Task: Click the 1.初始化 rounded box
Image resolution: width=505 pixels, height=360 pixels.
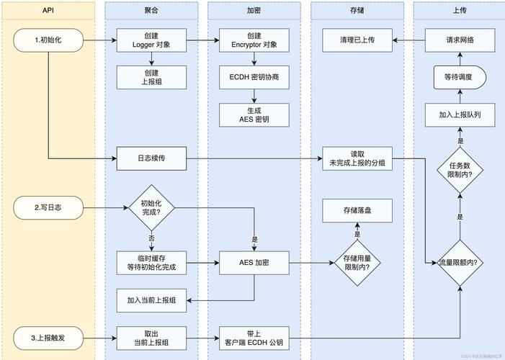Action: [x=48, y=40]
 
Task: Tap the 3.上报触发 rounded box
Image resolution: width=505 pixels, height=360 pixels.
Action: [x=48, y=335]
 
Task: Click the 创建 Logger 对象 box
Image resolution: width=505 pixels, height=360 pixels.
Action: [x=152, y=40]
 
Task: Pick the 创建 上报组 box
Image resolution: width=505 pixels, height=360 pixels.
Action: [x=152, y=77]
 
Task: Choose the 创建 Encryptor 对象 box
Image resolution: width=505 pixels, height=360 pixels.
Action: [x=254, y=40]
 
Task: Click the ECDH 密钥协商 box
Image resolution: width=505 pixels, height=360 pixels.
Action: [x=254, y=77]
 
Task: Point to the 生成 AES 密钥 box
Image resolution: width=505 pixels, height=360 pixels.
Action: [x=254, y=114]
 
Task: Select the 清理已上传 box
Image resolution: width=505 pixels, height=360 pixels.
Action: [x=357, y=40]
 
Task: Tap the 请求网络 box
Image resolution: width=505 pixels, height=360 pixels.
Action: [x=460, y=40]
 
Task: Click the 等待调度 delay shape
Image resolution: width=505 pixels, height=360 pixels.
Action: [x=460, y=77]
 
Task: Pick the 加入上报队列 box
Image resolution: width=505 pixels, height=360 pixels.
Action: [x=460, y=114]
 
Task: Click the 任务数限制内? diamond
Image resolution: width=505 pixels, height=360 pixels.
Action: [x=460, y=171]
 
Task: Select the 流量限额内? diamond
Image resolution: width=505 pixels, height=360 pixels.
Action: [x=460, y=263]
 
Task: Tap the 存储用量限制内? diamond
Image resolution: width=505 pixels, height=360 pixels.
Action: [x=357, y=263]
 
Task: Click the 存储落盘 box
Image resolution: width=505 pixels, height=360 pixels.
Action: [x=357, y=211]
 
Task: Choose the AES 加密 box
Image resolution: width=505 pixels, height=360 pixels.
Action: [x=254, y=263]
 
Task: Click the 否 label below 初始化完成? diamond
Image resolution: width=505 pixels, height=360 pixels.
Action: [x=152, y=238]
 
